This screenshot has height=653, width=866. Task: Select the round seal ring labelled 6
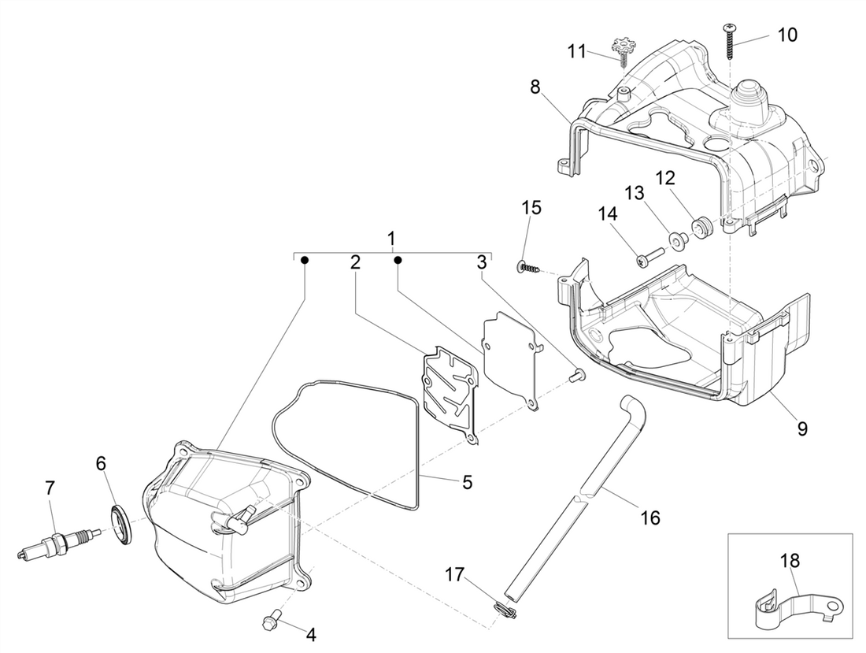[x=122, y=525]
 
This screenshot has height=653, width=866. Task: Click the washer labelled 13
[x=675, y=239]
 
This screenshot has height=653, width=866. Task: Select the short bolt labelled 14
[x=648, y=255]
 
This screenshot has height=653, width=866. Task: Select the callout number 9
[x=801, y=429]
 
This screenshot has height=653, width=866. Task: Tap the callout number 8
[x=535, y=86]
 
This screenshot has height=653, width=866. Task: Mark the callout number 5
[x=467, y=482]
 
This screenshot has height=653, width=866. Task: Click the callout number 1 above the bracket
[x=391, y=236]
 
